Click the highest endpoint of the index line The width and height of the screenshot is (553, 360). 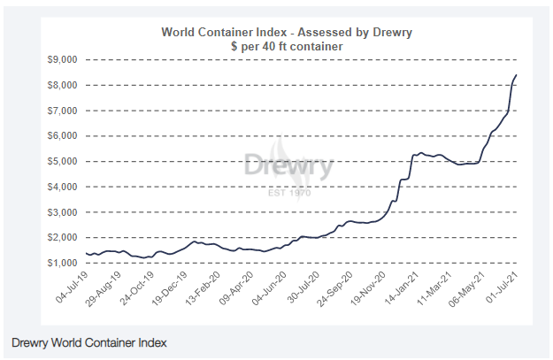(516, 75)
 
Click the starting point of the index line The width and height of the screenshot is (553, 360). (86, 254)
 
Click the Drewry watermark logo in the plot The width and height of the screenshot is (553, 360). (288, 166)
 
